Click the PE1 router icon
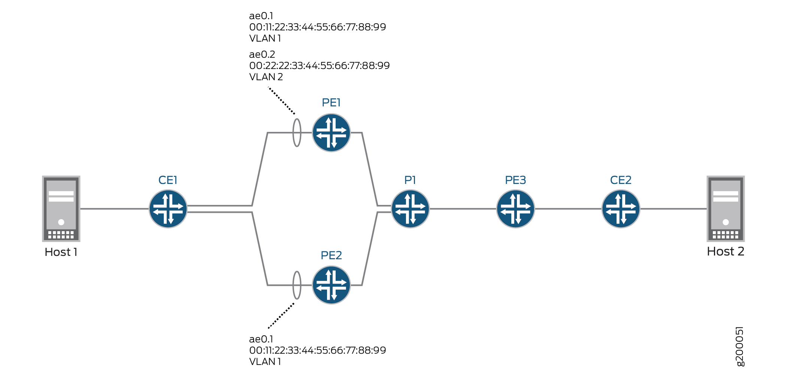pyautogui.click(x=331, y=133)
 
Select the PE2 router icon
pyautogui.click(x=331, y=285)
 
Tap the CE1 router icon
pyautogui.click(x=168, y=209)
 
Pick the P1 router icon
pyautogui.click(x=410, y=209)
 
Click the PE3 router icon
pyautogui.click(x=515, y=209)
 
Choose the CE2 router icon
pyautogui.click(x=621, y=209)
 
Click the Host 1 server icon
pyautogui.click(x=61, y=209)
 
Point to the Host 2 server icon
pyautogui.click(x=726, y=209)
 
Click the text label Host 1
pyautogui.click(x=61, y=252)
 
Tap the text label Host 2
pyautogui.click(x=726, y=251)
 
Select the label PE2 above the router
pyautogui.click(x=331, y=255)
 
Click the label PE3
pyautogui.click(x=515, y=180)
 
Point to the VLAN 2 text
pyautogui.click(x=266, y=77)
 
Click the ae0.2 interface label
pyautogui.click(x=262, y=54)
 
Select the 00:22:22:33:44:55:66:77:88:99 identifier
pyautogui.click(x=320, y=66)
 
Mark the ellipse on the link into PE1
pyautogui.click(x=297, y=133)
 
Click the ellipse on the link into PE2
pyautogui.click(x=297, y=285)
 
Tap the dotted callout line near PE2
pyautogui.click(x=281, y=316)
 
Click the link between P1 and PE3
pyautogui.click(x=463, y=209)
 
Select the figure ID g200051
pyautogui.click(x=740, y=347)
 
